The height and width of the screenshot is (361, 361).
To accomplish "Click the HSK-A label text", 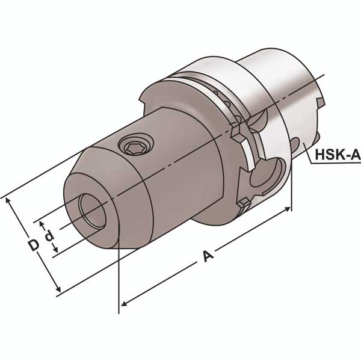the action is (x=338, y=154).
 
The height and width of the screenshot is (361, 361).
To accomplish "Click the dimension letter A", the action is (x=208, y=256).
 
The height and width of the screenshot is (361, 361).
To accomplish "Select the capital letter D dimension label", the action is (x=34, y=245).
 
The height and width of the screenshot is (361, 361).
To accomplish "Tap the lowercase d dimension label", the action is (x=49, y=236).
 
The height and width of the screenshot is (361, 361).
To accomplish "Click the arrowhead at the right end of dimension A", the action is (x=288, y=209).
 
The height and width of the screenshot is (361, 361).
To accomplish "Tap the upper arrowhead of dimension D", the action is (x=8, y=201).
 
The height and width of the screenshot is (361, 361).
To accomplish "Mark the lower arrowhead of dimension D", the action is (x=58, y=289).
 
